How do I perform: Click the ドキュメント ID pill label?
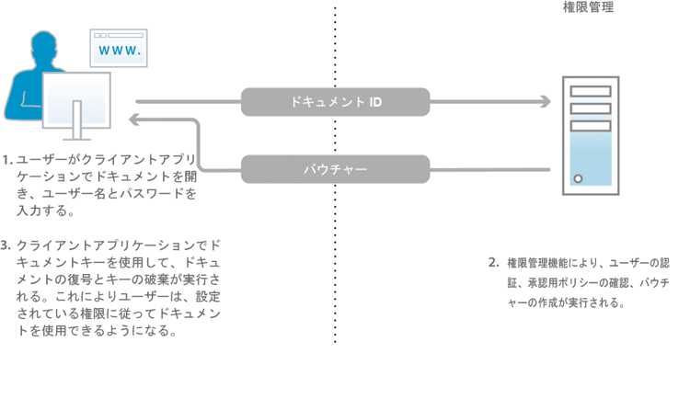pyautogui.click(x=335, y=102)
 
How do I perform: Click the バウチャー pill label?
pyautogui.click(x=335, y=168)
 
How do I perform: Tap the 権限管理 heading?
pyautogui.click(x=588, y=7)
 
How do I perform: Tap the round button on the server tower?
pyautogui.click(x=578, y=177)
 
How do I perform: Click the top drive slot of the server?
pyautogui.click(x=590, y=92)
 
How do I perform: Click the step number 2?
pyautogui.click(x=494, y=262)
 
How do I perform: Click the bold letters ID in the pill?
pyautogui.click(x=375, y=102)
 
